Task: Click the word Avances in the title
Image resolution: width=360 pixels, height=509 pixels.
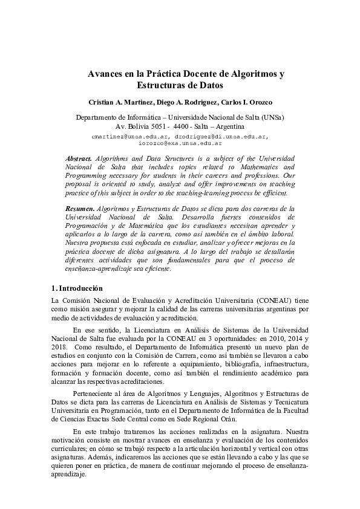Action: (106, 74)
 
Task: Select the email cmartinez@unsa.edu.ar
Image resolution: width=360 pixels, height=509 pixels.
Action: (125, 137)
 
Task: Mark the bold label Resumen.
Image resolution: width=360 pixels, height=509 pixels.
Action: (79, 208)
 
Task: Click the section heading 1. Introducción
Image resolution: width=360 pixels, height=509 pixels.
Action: (77, 288)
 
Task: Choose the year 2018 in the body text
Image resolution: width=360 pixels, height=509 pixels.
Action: (61, 348)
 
